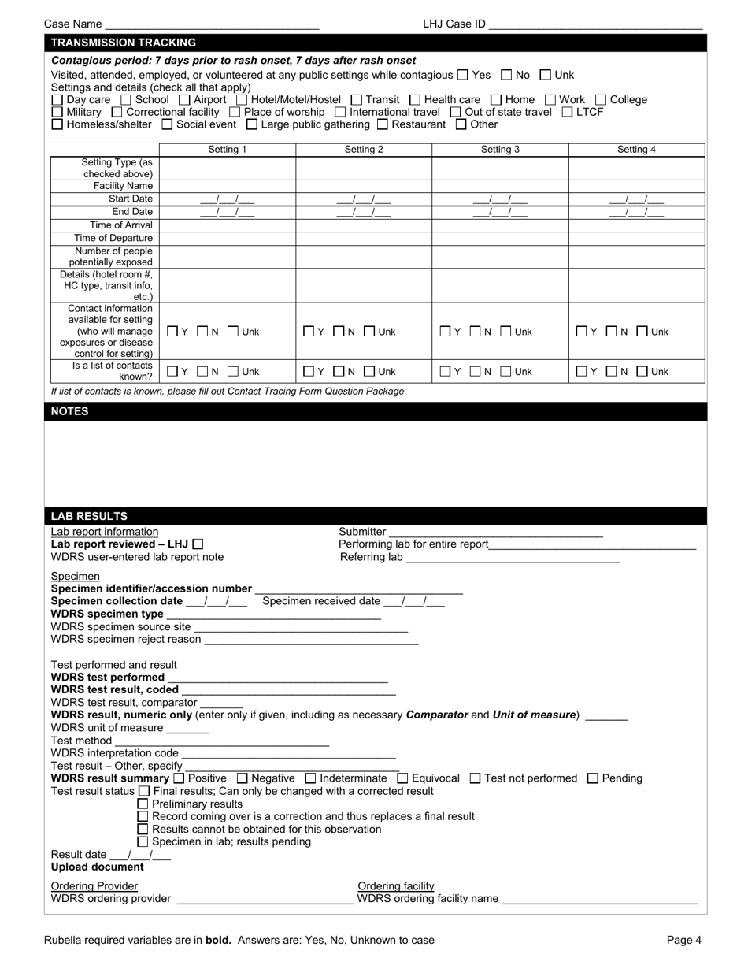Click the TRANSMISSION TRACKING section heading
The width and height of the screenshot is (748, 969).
(124, 43)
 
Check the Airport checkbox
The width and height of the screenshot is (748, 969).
(184, 100)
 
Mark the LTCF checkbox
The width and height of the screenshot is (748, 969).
(568, 112)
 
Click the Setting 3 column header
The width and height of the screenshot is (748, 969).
(500, 149)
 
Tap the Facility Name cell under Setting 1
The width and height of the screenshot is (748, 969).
(228, 186)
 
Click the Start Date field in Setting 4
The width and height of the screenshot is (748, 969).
(636, 199)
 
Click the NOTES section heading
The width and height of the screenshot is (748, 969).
(70, 411)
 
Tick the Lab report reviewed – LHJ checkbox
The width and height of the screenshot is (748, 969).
(198, 544)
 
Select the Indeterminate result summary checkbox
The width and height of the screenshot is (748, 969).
(309, 778)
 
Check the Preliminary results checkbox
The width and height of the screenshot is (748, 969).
(143, 804)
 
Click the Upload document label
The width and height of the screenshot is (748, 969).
(98, 867)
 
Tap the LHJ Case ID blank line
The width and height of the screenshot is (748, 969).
(595, 24)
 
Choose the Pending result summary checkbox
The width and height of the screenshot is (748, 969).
(593, 778)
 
